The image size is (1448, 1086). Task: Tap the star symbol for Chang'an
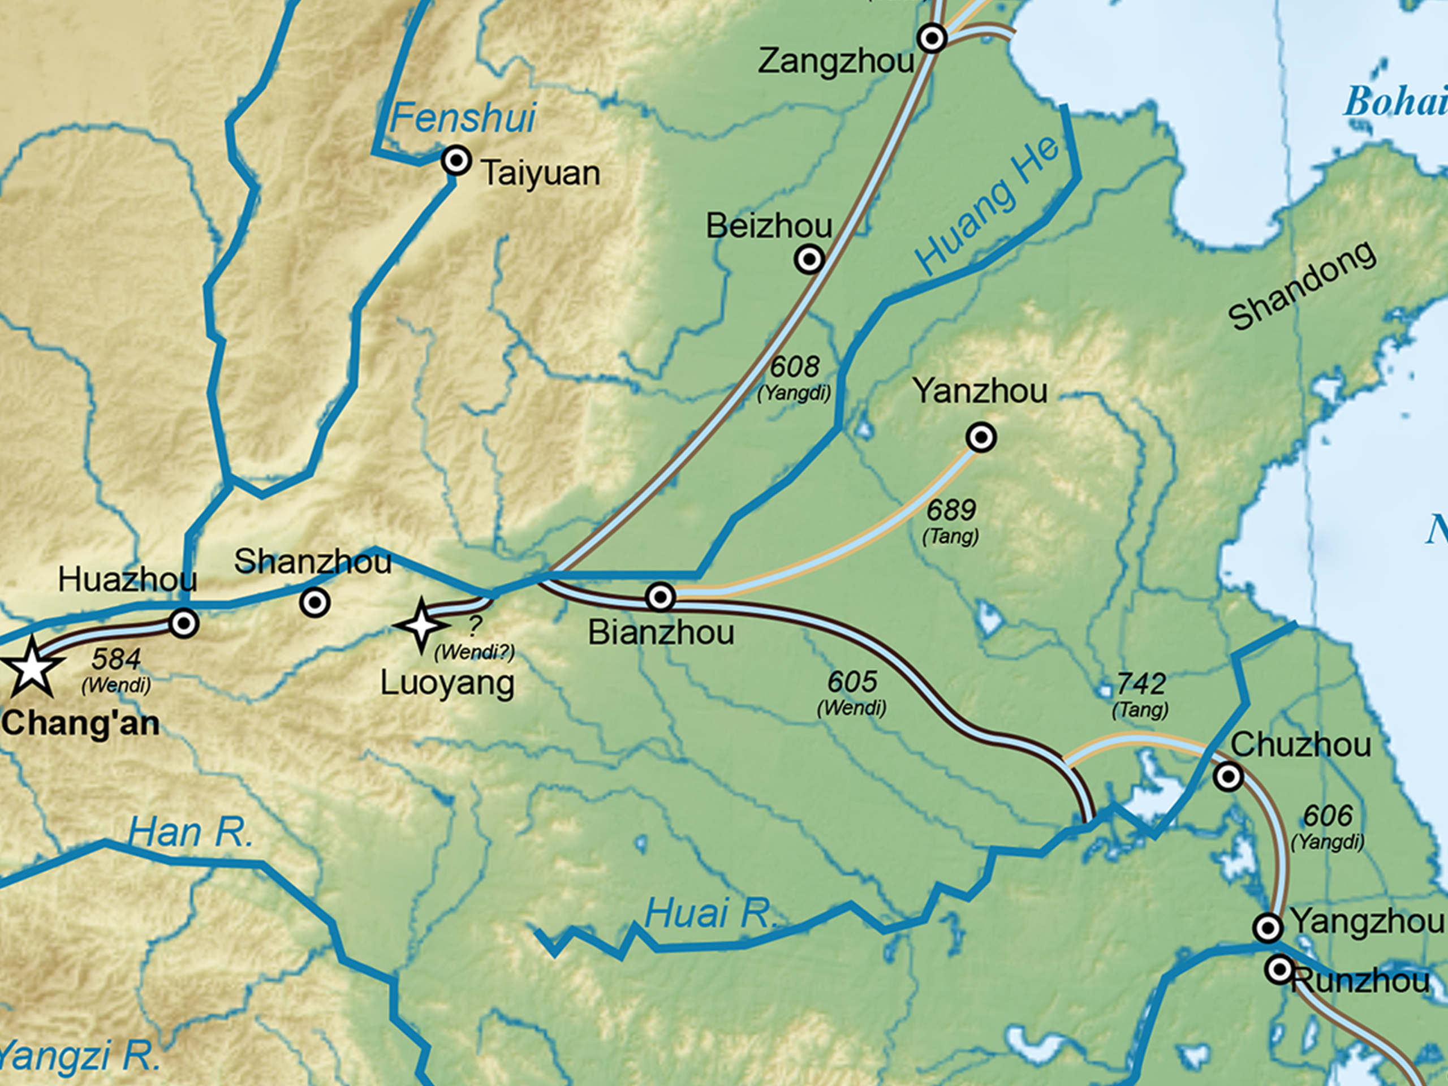[x=30, y=667]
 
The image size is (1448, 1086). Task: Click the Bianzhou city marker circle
[x=660, y=597]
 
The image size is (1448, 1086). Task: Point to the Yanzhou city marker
[x=981, y=437]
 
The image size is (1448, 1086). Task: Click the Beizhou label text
[x=769, y=226]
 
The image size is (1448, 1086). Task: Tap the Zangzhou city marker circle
[x=932, y=38]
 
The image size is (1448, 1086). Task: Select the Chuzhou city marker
[x=1228, y=777]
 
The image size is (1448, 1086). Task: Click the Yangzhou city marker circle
[x=1268, y=928]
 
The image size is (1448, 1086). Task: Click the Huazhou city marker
[x=184, y=623]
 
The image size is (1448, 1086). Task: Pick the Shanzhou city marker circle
[x=314, y=602]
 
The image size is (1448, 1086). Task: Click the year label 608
[x=794, y=367]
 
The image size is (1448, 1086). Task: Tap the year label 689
[x=951, y=510]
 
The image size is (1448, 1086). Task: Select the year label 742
[x=1140, y=684]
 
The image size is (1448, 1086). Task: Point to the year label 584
[x=116, y=659]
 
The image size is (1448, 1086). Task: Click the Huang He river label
[x=987, y=206]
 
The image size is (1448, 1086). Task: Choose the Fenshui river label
[x=463, y=118]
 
